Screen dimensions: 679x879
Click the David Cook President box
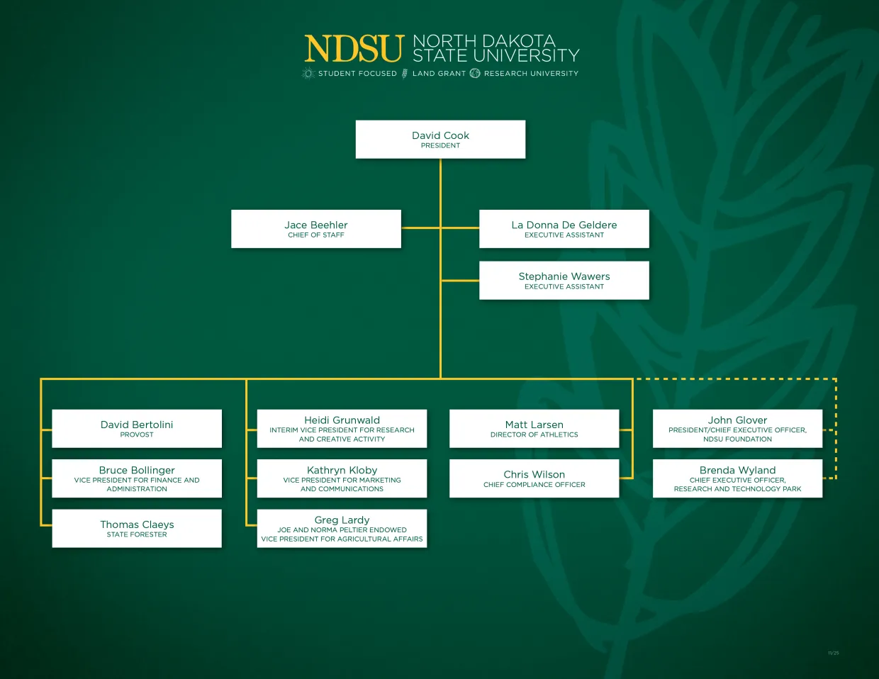440,139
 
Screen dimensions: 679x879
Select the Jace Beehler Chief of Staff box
315,229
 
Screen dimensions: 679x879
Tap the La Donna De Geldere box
564,229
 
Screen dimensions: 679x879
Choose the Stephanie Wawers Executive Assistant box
564,281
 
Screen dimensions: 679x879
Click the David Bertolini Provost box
137,429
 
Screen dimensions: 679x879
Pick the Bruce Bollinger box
137,478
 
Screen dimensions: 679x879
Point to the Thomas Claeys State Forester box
137,528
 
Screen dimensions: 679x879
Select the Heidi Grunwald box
342,429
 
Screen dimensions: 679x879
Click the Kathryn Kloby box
342,478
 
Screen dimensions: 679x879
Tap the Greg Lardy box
342,528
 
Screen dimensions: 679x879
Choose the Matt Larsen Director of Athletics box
534,429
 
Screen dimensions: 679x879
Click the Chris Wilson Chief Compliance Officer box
534,478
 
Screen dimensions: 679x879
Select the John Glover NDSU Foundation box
737,429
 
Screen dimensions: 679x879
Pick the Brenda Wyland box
737,478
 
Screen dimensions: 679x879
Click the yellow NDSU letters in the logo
354,49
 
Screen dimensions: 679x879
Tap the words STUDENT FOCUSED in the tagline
357,74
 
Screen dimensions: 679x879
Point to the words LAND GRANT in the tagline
439,74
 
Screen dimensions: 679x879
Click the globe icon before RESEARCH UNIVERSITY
475,73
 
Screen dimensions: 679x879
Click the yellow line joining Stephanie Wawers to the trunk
460,281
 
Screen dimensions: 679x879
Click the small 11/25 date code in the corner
833,653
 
